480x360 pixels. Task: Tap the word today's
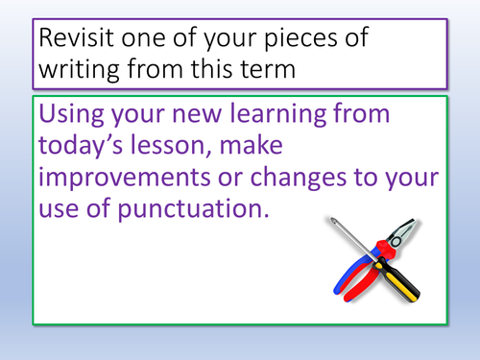point(93,152)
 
